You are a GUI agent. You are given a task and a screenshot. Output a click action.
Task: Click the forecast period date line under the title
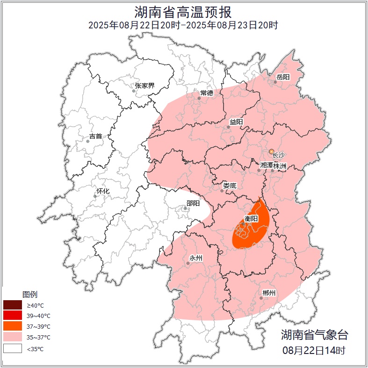click(x=183, y=25)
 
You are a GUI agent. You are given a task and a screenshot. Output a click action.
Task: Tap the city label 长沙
click(x=278, y=155)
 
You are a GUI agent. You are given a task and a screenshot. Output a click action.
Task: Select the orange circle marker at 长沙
click(x=271, y=152)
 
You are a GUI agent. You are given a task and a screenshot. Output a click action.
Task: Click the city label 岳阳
click(x=283, y=77)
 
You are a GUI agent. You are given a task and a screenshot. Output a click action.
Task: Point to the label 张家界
click(x=144, y=86)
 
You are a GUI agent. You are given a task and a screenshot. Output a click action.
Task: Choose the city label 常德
click(x=207, y=93)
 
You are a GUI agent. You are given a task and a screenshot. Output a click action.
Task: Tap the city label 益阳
click(x=236, y=122)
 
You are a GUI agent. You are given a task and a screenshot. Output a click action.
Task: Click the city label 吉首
click(x=95, y=136)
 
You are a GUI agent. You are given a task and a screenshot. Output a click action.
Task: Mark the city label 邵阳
click(x=193, y=203)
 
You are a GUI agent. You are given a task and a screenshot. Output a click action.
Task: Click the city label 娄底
click(x=230, y=186)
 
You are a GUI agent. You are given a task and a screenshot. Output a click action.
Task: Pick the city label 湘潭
click(x=266, y=166)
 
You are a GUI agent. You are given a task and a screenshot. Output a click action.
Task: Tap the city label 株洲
click(x=280, y=166)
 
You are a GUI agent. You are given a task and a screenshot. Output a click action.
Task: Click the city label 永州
click(x=195, y=258)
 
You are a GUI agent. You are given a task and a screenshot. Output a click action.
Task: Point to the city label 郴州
click(x=269, y=293)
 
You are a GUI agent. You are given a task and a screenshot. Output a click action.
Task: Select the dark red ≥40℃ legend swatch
click(x=13, y=305)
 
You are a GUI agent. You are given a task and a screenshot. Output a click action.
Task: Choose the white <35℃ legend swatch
click(x=13, y=348)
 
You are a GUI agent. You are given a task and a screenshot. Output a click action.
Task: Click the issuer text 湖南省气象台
click(x=314, y=334)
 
